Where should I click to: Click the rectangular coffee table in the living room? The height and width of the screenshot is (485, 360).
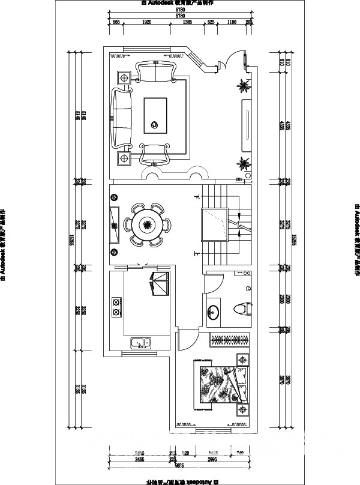pyautogui.click(x=155, y=116)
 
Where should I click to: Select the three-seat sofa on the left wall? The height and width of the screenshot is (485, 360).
pyautogui.click(x=121, y=118)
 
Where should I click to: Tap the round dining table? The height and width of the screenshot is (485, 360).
pyautogui.click(x=148, y=226)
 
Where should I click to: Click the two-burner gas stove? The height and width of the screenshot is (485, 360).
pyautogui.click(x=115, y=308)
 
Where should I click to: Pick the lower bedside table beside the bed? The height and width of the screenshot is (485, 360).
pyautogui.click(x=242, y=411)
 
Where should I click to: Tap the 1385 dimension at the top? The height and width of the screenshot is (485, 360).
pyautogui.click(x=187, y=22)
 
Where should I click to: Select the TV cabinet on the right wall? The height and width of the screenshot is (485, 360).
pyautogui.click(x=246, y=126)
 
